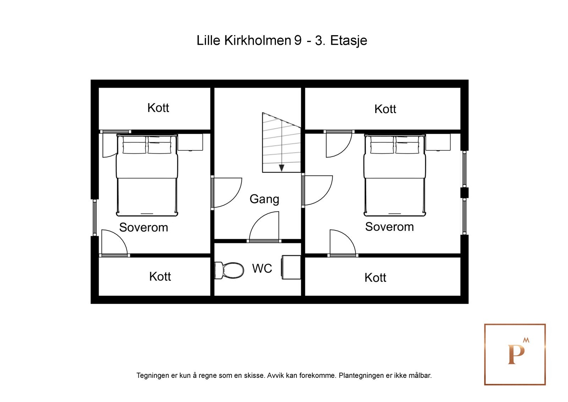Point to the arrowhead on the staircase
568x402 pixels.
click(x=282, y=168)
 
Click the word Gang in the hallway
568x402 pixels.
click(x=264, y=199)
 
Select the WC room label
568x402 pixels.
click(x=262, y=268)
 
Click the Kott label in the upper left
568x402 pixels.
click(x=158, y=108)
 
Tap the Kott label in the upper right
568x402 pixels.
click(x=385, y=109)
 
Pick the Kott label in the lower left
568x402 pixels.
click(x=160, y=277)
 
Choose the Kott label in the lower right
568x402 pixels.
click(x=375, y=278)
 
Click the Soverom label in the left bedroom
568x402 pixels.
click(x=143, y=227)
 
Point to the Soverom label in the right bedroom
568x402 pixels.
click(x=389, y=227)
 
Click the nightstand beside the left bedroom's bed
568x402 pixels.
click(x=190, y=142)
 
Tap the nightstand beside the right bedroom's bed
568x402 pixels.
click(x=438, y=142)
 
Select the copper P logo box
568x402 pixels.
click(x=515, y=354)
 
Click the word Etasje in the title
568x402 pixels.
click(x=349, y=41)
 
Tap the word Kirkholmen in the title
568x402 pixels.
click(x=258, y=41)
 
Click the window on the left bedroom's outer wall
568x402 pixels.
click(x=95, y=217)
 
